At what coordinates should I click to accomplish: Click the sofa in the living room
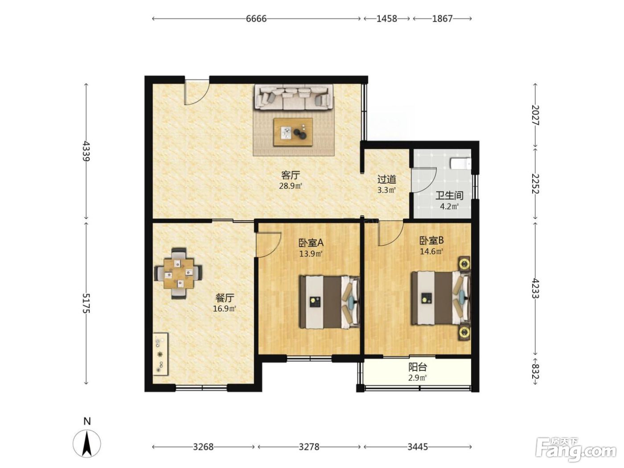pos(294,97)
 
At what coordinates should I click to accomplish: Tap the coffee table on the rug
pos(293,132)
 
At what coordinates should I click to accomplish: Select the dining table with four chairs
pos(178,273)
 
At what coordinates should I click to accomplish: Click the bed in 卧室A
pos(329,302)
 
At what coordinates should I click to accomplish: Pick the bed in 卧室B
pos(440,298)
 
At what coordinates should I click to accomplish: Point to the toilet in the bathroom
pos(460,164)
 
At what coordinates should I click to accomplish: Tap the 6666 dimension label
pos(256,19)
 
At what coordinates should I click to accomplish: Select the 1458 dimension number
pos(386,19)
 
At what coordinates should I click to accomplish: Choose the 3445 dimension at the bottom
pos(417,447)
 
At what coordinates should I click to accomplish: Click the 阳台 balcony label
pos(417,367)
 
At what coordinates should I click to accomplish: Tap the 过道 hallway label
pos(386,179)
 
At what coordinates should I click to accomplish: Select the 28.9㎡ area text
pos(290,186)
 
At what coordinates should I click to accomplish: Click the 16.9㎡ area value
pos(225,308)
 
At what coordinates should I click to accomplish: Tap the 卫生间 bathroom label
pos(449,196)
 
